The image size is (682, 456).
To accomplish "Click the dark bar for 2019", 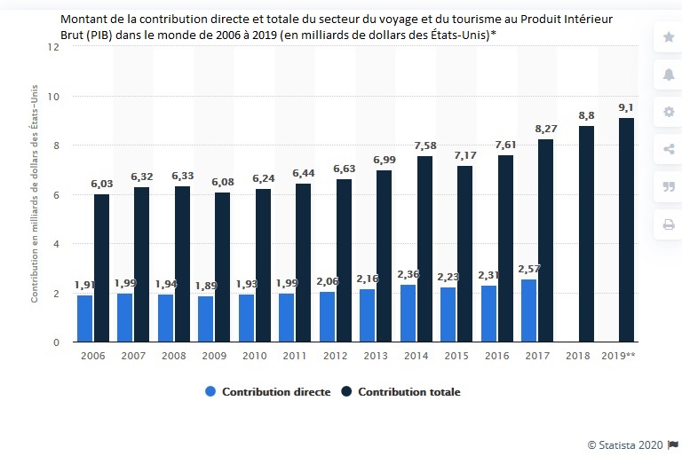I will [x=626, y=230].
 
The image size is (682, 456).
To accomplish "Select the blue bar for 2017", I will [x=527, y=311].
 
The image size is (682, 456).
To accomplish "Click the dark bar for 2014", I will [x=425, y=248].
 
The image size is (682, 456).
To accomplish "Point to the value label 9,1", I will [x=626, y=108].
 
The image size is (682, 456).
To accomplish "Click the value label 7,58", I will [x=424, y=145].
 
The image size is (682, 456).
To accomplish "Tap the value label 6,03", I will [x=102, y=184].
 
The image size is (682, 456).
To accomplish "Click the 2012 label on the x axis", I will [x=335, y=356].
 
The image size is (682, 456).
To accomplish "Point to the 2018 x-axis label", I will [x=577, y=356].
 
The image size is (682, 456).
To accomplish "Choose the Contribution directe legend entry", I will [x=266, y=391].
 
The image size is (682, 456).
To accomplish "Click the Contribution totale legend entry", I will [x=400, y=391].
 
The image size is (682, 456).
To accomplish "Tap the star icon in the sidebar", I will [x=669, y=36].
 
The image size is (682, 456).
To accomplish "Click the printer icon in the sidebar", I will [x=669, y=224].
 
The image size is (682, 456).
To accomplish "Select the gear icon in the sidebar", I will [x=669, y=112].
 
